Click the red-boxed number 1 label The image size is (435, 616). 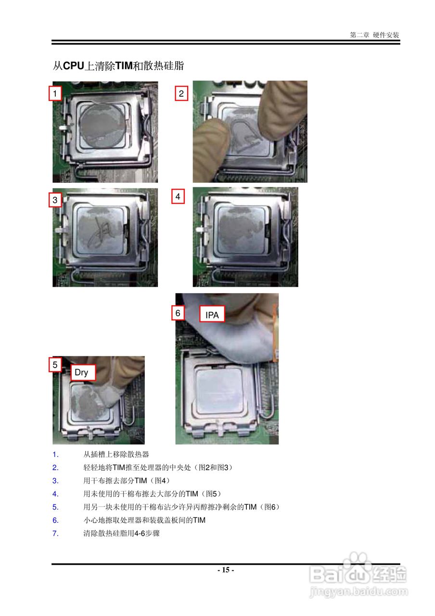55,93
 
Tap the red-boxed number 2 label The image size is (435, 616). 181,93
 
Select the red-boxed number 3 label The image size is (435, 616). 55,200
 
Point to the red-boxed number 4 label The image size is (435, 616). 178,196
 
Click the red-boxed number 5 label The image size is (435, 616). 55,365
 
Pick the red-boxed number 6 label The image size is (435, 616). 178,313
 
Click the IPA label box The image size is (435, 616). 212,314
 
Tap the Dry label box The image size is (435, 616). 83,372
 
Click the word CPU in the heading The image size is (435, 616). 74,66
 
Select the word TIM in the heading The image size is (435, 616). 124,66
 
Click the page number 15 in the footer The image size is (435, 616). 226,570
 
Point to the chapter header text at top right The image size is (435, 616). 374,35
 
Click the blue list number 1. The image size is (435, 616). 55,455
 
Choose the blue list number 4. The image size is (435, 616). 55,494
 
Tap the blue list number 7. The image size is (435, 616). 55,534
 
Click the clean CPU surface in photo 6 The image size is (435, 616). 219,390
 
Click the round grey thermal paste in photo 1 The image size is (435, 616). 103,123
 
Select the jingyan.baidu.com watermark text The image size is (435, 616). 359,591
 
